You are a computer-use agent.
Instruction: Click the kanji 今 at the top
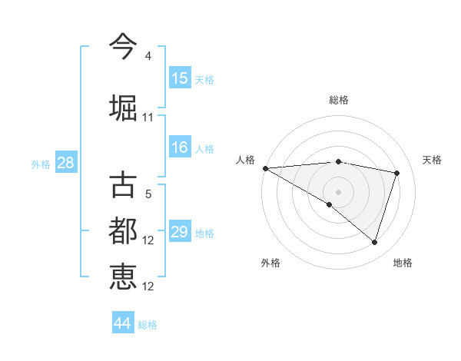123,46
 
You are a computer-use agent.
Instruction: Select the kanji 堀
123,108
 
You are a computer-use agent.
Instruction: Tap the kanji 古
123,184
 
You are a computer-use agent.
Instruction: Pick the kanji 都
123,230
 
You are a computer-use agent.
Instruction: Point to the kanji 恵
123,277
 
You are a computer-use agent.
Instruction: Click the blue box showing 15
180,78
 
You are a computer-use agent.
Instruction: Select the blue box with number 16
180,148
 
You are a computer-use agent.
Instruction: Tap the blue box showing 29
180,232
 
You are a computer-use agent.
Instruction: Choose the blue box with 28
65,163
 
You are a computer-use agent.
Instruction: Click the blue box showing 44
123,323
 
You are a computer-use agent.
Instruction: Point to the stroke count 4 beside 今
148,56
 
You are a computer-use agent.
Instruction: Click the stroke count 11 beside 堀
148,118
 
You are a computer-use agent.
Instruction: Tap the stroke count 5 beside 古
148,194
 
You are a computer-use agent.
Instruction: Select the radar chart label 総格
338,100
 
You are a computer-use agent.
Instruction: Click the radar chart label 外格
270,263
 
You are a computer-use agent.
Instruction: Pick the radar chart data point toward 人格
265,168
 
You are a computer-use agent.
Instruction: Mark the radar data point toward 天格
397,173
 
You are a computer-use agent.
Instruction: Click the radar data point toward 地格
375,242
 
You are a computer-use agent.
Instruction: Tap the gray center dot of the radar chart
338,191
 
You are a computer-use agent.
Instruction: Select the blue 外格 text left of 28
41,164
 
